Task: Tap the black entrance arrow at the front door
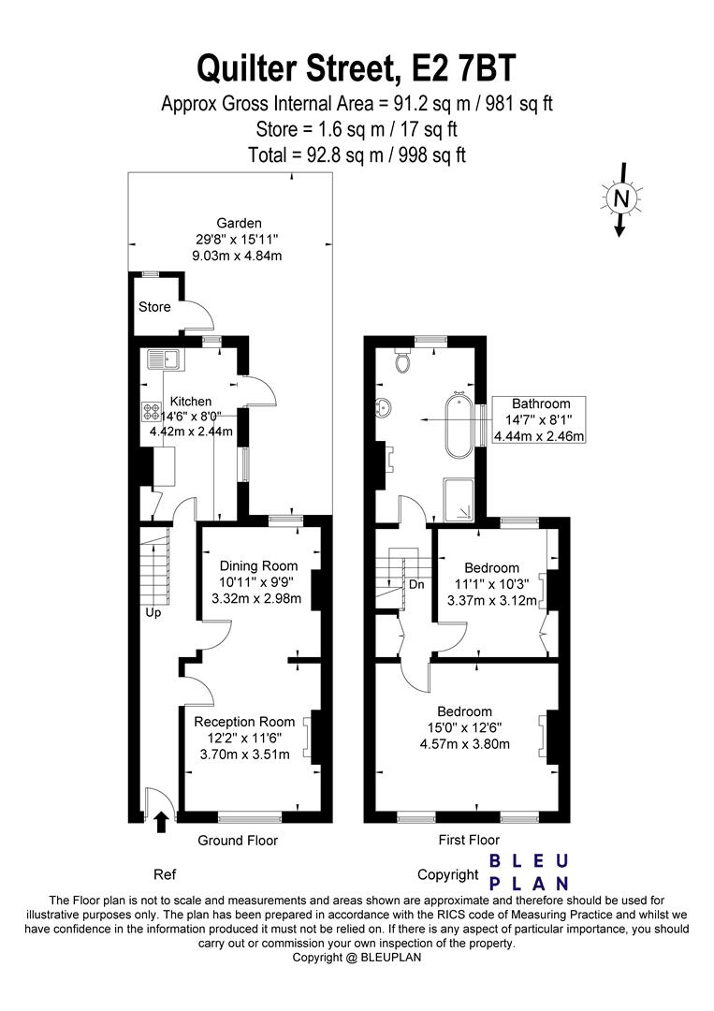161,822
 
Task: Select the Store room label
154,307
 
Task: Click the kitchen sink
166,359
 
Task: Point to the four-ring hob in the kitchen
153,411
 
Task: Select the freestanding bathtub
459,426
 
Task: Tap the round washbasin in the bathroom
383,407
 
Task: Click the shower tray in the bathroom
459,499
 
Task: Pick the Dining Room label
258,566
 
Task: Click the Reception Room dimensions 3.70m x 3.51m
244,755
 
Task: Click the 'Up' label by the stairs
153,612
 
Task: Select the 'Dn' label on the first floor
417,585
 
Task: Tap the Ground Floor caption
238,840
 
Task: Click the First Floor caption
469,840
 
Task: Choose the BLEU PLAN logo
529,872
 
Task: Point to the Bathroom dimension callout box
539,419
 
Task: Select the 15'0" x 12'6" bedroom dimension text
465,727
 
